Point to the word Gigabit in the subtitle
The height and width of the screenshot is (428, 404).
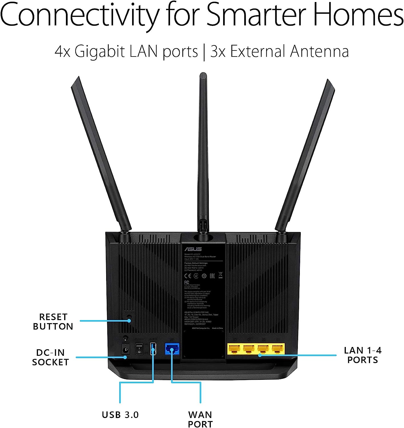[100, 52]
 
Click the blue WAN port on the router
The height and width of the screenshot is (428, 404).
[172, 348]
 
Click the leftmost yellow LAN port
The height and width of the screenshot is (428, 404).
[234, 349]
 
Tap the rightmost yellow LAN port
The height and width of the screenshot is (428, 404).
[278, 349]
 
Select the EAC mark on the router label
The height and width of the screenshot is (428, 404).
[212, 276]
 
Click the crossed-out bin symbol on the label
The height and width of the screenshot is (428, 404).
[220, 275]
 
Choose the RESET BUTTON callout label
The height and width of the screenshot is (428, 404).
[53, 322]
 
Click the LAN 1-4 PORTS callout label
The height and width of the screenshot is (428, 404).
[363, 355]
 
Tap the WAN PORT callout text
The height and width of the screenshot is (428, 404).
[200, 419]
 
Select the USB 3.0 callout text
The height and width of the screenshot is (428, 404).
[120, 415]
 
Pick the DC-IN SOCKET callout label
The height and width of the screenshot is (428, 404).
[50, 357]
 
